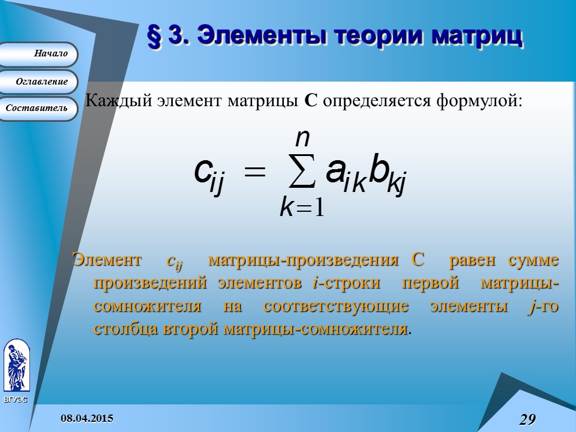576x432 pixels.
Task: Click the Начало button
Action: coord(38,54)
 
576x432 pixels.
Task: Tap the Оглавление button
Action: coord(38,82)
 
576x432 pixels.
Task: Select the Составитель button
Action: coord(38,109)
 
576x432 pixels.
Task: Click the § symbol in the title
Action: coord(155,36)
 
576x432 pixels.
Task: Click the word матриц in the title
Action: coord(478,36)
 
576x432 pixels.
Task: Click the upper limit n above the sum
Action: coord(302,138)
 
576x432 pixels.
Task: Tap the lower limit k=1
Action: coord(302,207)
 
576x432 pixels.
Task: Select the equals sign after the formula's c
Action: coord(254,172)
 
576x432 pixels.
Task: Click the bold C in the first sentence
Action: coord(310,100)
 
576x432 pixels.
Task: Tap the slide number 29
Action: coord(527,419)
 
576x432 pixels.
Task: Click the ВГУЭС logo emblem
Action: coord(16,366)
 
